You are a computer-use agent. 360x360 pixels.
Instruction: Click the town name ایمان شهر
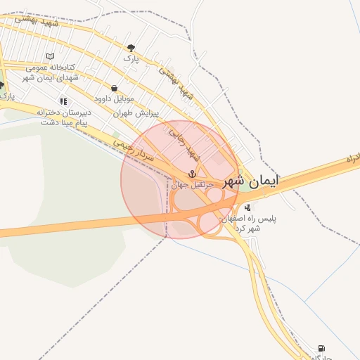click(x=251, y=181)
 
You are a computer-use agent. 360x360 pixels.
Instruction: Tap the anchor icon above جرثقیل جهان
click(x=191, y=174)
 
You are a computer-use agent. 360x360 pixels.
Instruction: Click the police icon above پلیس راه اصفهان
click(x=247, y=207)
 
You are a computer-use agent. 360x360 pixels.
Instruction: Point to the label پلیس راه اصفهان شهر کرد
click(x=250, y=223)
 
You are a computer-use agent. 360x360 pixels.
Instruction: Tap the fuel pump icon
click(x=321, y=348)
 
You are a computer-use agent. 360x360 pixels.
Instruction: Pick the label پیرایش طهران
click(x=136, y=112)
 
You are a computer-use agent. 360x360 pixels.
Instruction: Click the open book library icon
click(x=49, y=56)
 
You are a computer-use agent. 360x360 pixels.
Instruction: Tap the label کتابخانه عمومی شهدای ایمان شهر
click(x=50, y=72)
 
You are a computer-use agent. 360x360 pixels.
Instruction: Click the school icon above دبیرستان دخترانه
click(x=64, y=101)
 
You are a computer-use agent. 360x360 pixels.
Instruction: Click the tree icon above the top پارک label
click(x=131, y=47)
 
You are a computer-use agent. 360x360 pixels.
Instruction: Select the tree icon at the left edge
click(x=2, y=85)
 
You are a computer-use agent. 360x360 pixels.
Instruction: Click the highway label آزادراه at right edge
click(x=352, y=160)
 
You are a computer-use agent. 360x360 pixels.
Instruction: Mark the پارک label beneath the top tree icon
click(x=131, y=59)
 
